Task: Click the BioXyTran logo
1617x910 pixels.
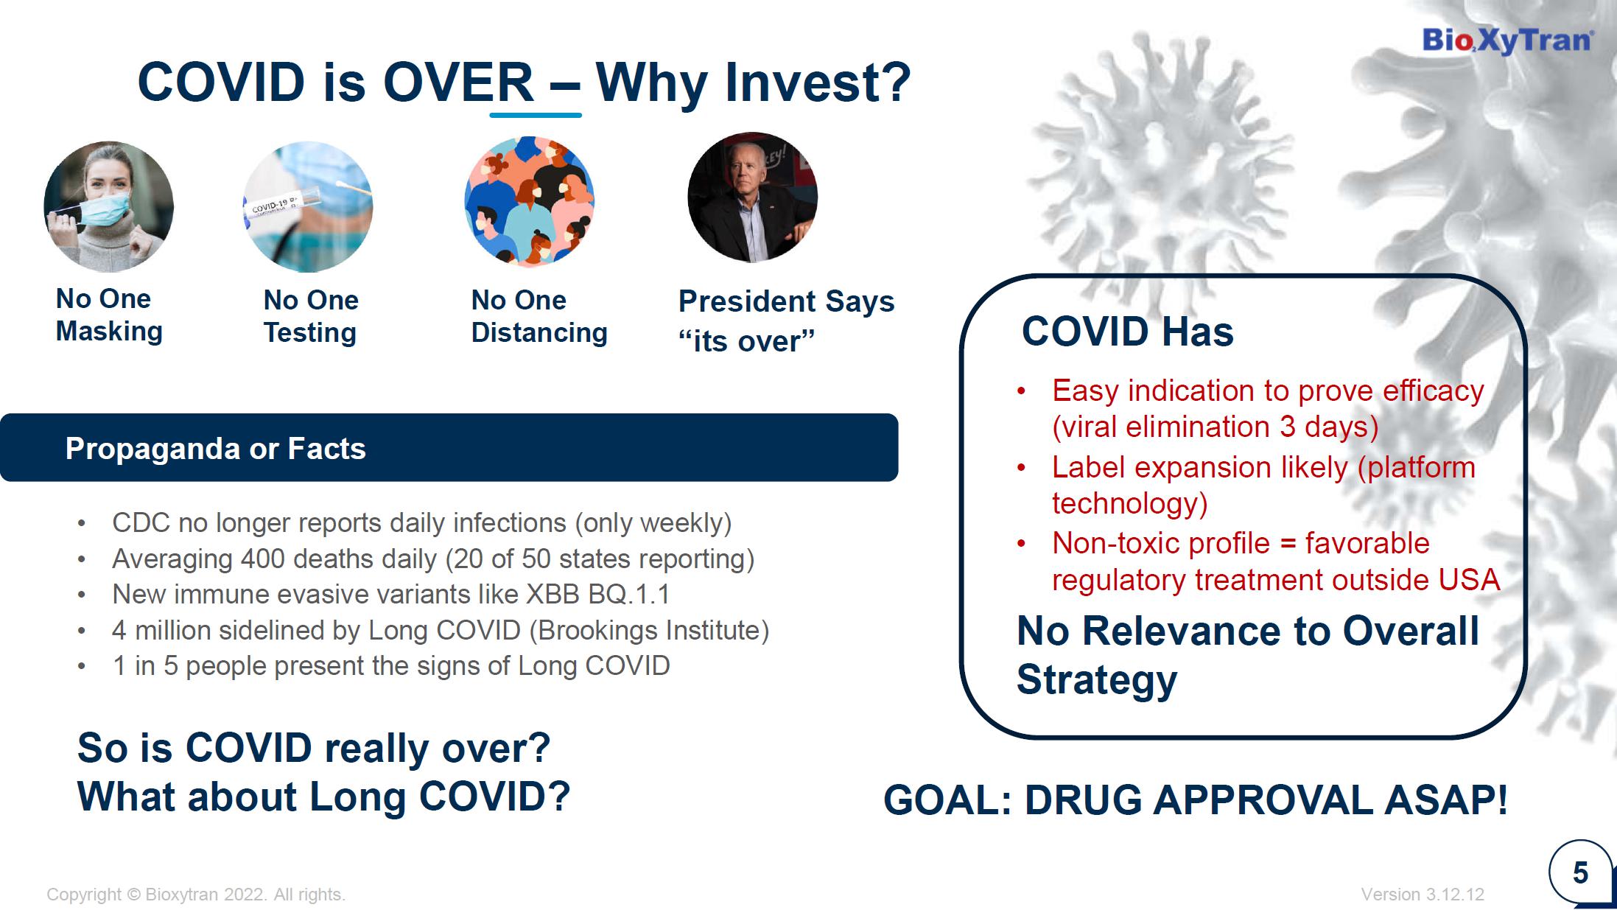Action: pyautogui.click(x=1507, y=41)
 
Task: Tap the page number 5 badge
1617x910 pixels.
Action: pyautogui.click(x=1580, y=873)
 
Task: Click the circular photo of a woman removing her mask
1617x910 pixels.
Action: pyautogui.click(x=109, y=206)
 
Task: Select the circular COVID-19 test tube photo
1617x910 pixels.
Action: pyautogui.click(x=308, y=206)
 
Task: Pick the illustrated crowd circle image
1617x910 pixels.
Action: pyautogui.click(x=530, y=200)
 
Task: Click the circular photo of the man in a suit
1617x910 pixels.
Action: pyautogui.click(x=753, y=197)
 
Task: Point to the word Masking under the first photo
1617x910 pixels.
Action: pyautogui.click(x=109, y=332)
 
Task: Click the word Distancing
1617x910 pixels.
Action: pyautogui.click(x=539, y=333)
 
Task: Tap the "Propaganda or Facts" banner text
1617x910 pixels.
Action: pyautogui.click(x=215, y=449)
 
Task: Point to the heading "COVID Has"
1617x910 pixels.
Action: pyautogui.click(x=1127, y=332)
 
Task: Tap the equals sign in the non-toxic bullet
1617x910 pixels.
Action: pyautogui.click(x=1288, y=544)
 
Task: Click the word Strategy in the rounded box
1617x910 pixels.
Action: pyautogui.click(x=1097, y=680)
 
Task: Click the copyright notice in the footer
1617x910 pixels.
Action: pyautogui.click(x=196, y=895)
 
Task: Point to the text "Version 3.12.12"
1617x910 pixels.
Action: pyautogui.click(x=1423, y=895)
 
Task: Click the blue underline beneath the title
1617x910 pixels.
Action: pyautogui.click(x=536, y=115)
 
